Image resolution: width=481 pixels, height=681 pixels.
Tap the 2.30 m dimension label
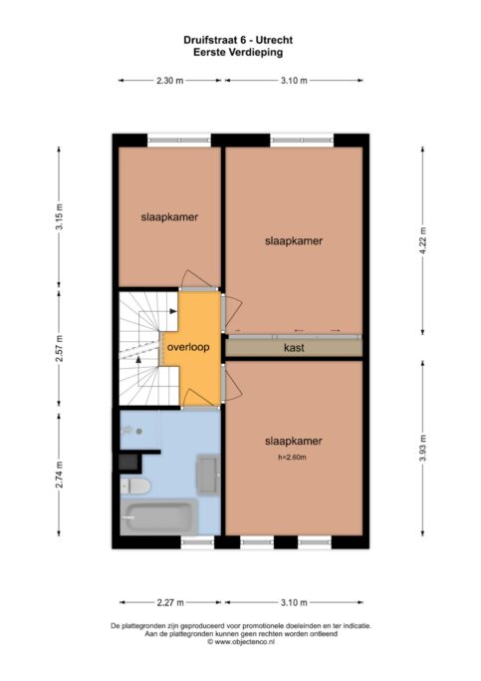pos(170,80)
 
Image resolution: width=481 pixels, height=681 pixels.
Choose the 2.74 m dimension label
pos(59,477)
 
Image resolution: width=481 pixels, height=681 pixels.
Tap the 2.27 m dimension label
pos(171,601)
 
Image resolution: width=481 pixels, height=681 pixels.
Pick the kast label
pos(294,348)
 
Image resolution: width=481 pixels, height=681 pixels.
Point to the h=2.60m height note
pos(294,458)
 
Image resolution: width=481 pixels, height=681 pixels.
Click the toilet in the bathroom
pos(135,486)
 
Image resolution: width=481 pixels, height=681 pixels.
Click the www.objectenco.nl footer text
pos(240,642)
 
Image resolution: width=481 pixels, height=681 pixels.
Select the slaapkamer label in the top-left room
pos(167,214)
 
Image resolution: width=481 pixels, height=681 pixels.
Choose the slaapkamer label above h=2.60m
pos(294,440)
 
